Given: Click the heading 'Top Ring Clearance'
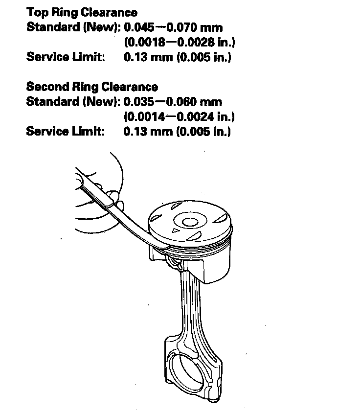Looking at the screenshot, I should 82,12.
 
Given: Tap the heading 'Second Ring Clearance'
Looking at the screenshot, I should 92,87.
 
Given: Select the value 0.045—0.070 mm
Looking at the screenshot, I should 173,27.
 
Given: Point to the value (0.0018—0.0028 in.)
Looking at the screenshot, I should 180,42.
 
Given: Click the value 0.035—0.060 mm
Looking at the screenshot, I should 173,102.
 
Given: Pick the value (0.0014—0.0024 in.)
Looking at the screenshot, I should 180,117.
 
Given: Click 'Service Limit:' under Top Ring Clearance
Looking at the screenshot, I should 66,57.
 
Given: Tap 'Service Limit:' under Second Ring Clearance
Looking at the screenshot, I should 66,132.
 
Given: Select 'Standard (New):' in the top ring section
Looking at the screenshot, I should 73,27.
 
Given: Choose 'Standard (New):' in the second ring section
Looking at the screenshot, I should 73,102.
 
